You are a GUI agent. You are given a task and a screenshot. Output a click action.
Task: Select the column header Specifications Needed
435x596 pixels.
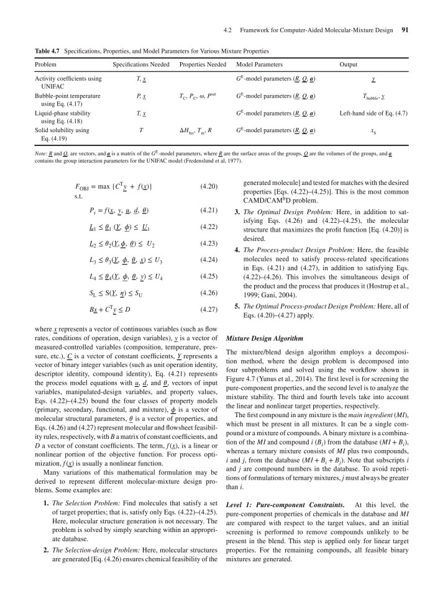tap(141, 65)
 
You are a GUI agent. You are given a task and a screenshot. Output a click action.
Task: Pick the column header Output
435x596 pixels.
tap(348, 65)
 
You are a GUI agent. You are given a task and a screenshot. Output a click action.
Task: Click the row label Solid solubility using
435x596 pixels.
tap(62, 130)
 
